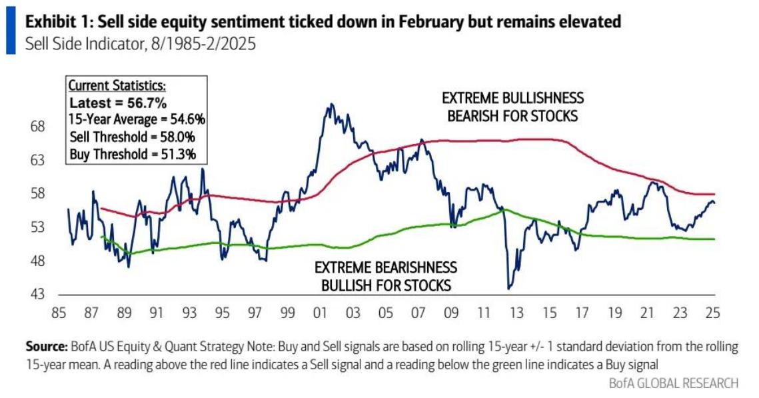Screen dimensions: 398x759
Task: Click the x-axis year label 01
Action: pyautogui.click(x=320, y=312)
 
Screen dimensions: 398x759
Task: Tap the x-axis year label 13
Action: pyautogui.click(x=514, y=312)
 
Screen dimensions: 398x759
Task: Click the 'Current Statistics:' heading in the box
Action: pyautogui.click(x=117, y=87)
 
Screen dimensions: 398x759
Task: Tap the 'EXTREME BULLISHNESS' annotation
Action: pyautogui.click(x=512, y=98)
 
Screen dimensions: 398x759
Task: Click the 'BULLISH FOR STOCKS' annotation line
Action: pyautogui.click(x=386, y=285)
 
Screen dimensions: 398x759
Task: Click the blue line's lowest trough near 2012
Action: pyautogui.click(x=509, y=288)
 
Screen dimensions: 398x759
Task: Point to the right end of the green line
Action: pyautogui.click(x=714, y=239)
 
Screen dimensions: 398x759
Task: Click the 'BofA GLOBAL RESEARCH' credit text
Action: pyautogui.click(x=673, y=383)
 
